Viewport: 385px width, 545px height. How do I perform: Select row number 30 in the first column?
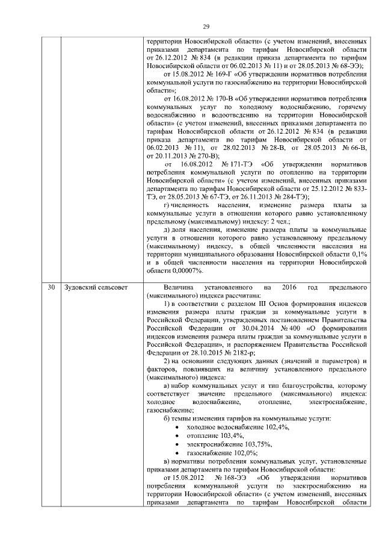click(x=52, y=287)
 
